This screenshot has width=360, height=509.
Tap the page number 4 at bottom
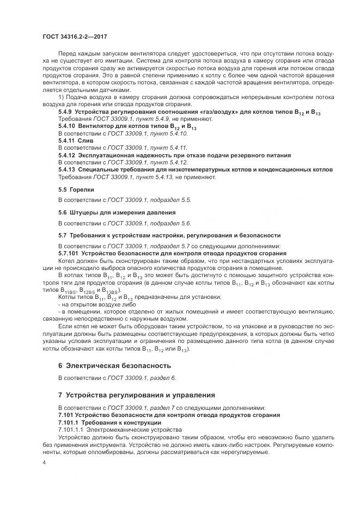(x=44, y=462)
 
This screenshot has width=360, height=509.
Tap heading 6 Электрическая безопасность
(x=114, y=365)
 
